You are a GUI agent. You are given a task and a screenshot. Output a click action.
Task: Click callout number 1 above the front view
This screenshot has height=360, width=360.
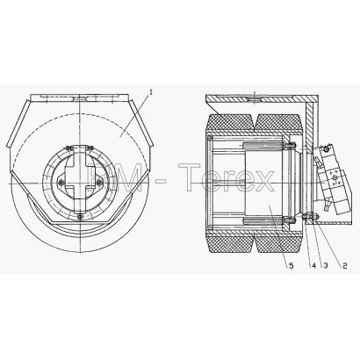[x=151, y=92]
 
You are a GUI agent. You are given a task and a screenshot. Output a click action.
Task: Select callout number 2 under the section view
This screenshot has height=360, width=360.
[x=344, y=265]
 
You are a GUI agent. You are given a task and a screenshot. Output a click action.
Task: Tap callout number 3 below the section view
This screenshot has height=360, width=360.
[x=325, y=265]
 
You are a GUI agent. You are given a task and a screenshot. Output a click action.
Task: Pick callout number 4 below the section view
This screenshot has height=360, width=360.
[x=313, y=265]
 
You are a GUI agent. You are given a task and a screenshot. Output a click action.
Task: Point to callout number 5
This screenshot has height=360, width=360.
[x=291, y=265]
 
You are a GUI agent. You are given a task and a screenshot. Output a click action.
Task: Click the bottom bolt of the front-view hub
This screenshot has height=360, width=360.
[x=80, y=216]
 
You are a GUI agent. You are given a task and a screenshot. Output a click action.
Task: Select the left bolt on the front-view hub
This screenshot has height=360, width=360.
[x=61, y=183]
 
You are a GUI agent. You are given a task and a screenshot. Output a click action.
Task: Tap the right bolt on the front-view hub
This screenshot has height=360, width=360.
[x=99, y=183]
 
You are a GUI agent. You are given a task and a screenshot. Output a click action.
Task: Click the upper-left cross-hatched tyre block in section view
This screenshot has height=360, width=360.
[x=230, y=123]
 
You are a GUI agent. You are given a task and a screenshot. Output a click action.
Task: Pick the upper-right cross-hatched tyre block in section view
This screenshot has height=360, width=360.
[x=278, y=123]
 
